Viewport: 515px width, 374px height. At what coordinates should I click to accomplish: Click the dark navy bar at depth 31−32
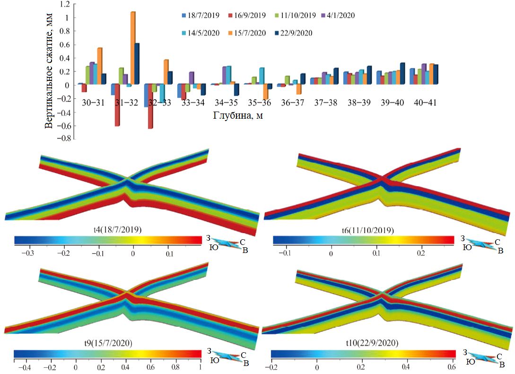(137, 64)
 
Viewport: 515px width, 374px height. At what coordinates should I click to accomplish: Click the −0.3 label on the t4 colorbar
(28, 253)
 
